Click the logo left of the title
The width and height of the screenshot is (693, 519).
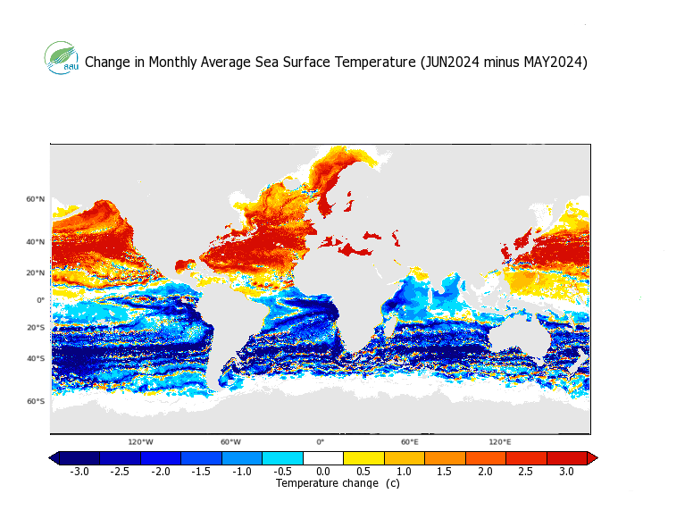pos(62,58)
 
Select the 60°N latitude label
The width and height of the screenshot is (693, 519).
pos(36,199)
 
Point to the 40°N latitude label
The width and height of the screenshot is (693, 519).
pos(36,242)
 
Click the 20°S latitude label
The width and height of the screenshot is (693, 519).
pos(36,328)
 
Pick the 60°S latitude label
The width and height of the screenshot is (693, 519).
pos(36,401)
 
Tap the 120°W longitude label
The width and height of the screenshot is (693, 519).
pos(140,442)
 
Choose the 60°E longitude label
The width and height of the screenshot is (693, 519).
pos(409,442)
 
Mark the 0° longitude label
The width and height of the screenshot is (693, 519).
pos(320,442)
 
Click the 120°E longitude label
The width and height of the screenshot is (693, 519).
pos(499,442)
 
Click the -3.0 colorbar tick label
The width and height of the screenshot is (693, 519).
pos(79,471)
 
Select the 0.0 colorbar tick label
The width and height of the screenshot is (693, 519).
pos(323,471)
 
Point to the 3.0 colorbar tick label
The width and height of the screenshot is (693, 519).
pos(567,471)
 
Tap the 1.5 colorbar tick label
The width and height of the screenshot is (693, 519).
pos(445,471)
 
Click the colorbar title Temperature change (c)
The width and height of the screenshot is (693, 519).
pos(338,483)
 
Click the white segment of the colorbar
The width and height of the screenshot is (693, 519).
pos(323,458)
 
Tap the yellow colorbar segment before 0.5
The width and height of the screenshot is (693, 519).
pos(363,458)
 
